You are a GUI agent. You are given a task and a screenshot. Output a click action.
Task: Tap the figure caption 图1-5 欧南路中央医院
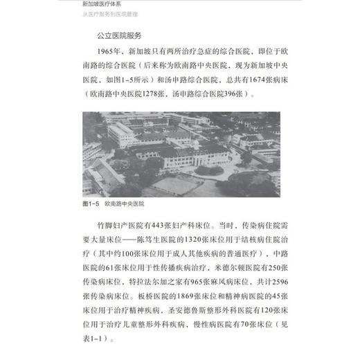120,205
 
